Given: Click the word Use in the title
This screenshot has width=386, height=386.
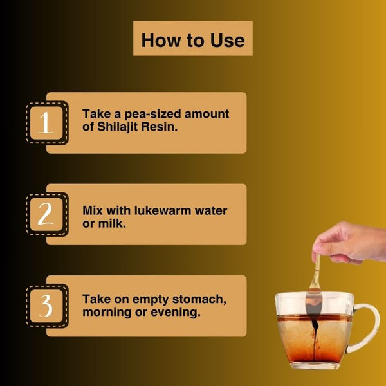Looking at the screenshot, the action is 228,40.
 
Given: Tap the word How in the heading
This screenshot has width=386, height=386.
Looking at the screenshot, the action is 161,40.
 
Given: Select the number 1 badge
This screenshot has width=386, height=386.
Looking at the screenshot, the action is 47,123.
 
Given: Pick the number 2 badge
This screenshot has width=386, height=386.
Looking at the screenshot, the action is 47,214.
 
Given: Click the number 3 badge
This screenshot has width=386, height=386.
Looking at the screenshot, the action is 47,306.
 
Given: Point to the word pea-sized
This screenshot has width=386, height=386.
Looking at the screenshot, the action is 152,115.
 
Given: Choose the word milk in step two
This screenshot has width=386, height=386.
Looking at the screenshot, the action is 112,223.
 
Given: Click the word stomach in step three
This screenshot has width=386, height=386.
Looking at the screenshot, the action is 199,300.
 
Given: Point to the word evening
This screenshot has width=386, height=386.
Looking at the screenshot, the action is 176,313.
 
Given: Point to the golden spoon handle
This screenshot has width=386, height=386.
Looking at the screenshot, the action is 316,272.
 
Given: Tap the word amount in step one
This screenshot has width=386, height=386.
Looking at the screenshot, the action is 207,114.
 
